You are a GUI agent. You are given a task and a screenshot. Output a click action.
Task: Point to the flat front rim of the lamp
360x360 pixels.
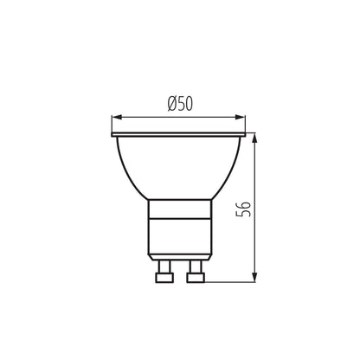(x=180, y=136)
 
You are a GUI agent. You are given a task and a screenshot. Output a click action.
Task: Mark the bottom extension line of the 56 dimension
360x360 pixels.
(x=234, y=280)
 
